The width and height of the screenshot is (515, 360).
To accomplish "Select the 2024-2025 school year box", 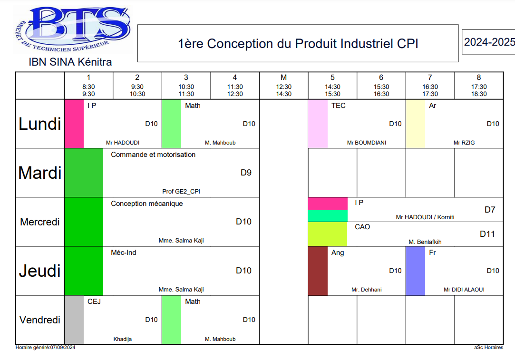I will pos(489,42).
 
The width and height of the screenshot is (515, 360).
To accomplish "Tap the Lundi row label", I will pos(40,124).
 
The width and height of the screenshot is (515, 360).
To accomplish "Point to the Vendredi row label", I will pos(40,320).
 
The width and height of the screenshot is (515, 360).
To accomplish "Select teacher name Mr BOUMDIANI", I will pos(366,143).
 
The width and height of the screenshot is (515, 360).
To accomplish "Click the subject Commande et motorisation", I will pos(153,155).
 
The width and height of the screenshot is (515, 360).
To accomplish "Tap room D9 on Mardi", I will pos(246,173).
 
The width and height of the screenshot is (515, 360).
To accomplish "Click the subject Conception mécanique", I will pos(146,204).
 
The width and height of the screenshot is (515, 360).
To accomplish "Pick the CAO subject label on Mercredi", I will pos(362,227).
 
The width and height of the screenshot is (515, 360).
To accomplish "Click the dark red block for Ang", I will pos(318,271).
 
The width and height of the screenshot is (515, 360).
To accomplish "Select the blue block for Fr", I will pos(415,271).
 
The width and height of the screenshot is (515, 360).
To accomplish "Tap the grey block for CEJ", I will pos(74,320).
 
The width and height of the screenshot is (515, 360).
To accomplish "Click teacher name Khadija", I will pos(123,339).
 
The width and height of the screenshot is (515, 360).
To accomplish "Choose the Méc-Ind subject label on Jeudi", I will pos(123,253).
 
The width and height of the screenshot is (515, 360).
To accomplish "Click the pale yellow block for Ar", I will pos(415,124).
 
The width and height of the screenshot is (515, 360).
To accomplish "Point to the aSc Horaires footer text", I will pos(488,348).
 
